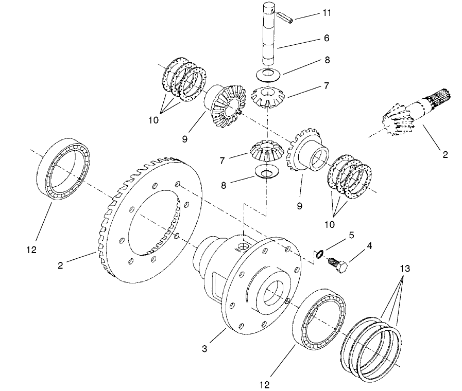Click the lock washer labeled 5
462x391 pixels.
[320, 254]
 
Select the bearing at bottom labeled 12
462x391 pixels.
[319, 320]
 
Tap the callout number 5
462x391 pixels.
[352, 236]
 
